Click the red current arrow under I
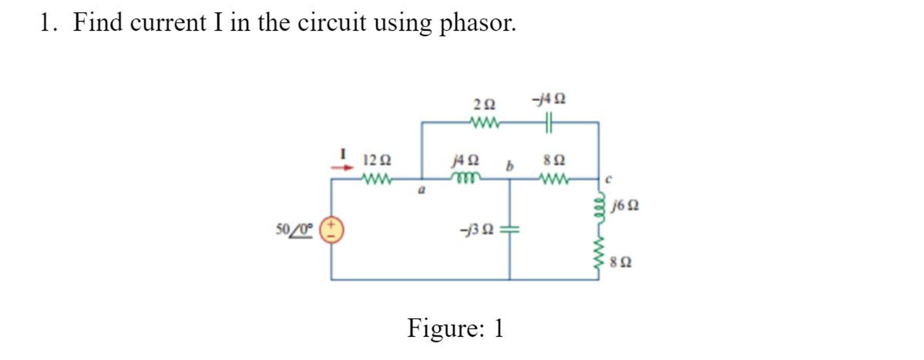click(x=342, y=168)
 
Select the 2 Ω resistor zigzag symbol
click(x=485, y=122)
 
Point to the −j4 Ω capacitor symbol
click(x=548, y=122)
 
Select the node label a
click(x=421, y=191)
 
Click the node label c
click(x=608, y=179)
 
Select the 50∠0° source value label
click(x=294, y=229)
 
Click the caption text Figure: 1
click(x=455, y=327)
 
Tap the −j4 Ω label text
click(x=549, y=98)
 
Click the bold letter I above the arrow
click(x=343, y=154)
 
